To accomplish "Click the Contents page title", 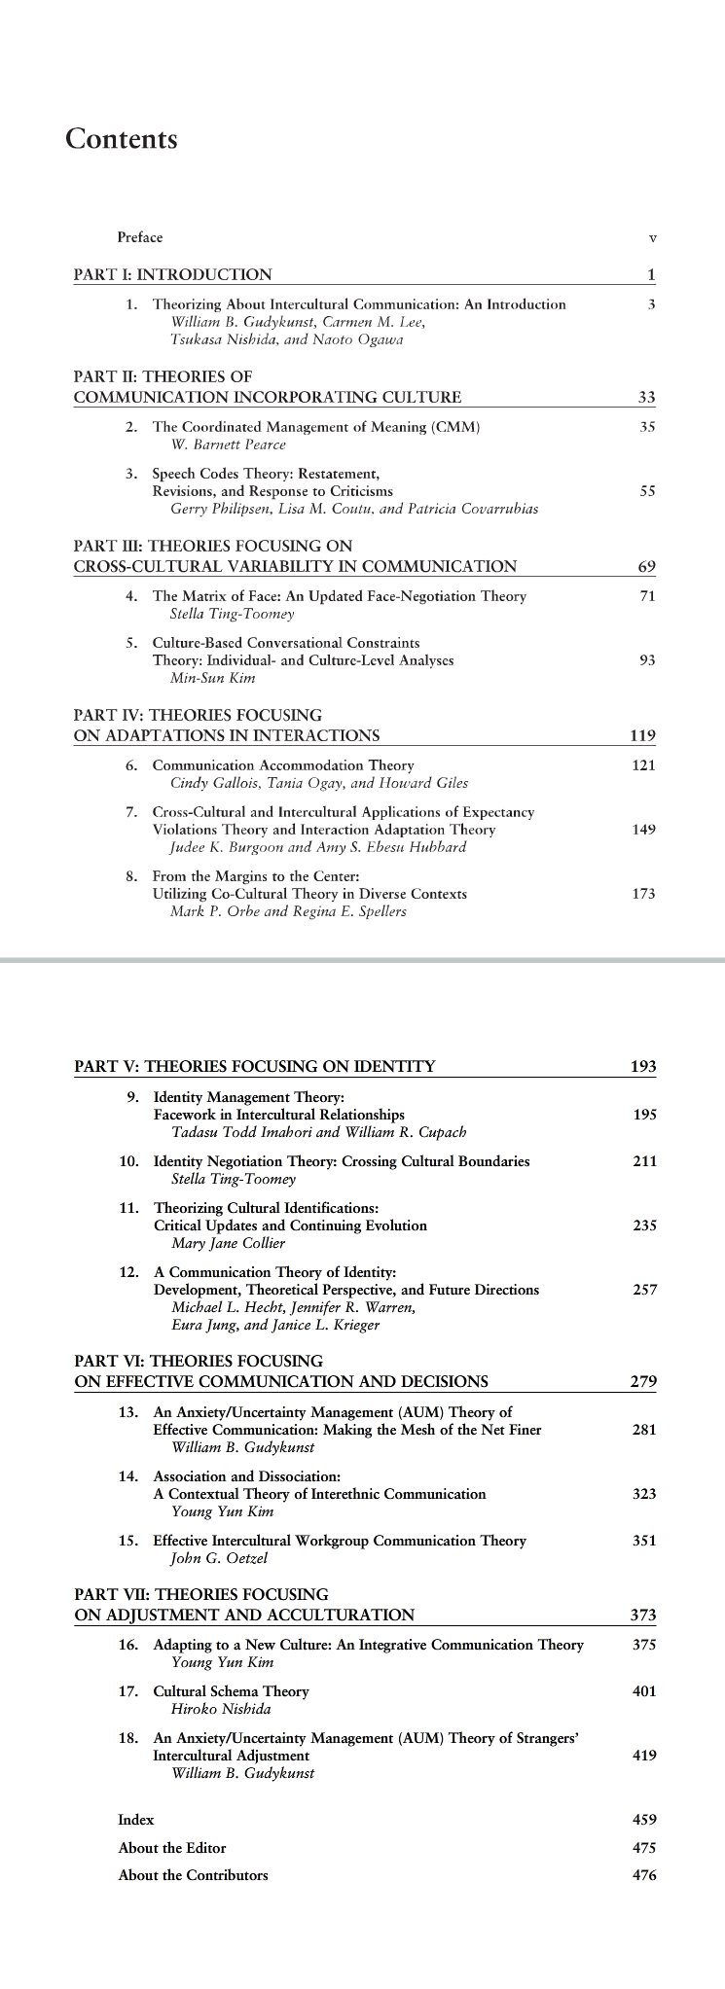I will (x=122, y=139).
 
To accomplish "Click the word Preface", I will (x=140, y=237).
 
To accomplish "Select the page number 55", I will (x=647, y=491).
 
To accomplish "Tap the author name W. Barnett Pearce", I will (x=228, y=444).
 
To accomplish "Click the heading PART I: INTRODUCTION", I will (x=173, y=274).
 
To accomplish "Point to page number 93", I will (x=647, y=660).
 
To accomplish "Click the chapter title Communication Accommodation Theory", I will (x=283, y=765).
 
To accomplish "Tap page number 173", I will (x=643, y=894).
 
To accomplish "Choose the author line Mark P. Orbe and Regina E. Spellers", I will (x=288, y=911).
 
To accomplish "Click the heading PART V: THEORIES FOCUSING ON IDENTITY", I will (x=255, y=1066).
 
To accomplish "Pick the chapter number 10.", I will (x=129, y=1161).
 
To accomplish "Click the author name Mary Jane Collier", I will (x=229, y=1243).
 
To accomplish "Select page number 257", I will (x=644, y=1290).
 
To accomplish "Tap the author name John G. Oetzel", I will (x=219, y=1558).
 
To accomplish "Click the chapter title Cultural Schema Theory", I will (x=231, y=1691).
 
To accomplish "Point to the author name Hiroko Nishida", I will (x=221, y=1709).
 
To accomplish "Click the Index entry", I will (x=136, y=1820).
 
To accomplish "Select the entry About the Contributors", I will (x=193, y=1875).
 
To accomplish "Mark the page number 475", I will (x=644, y=1848).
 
